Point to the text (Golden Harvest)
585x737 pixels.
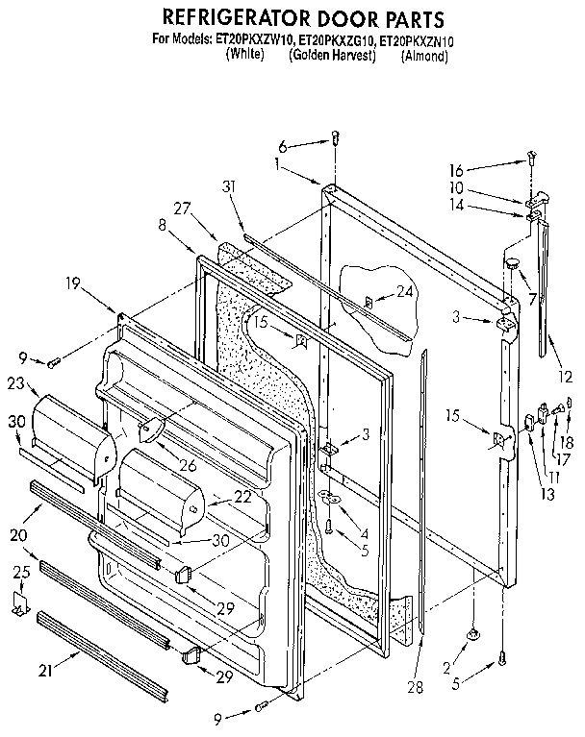tap(332, 56)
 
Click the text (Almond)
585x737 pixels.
tap(425, 56)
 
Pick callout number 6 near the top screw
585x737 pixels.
tap(284, 146)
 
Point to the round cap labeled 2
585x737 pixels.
tap(475, 635)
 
